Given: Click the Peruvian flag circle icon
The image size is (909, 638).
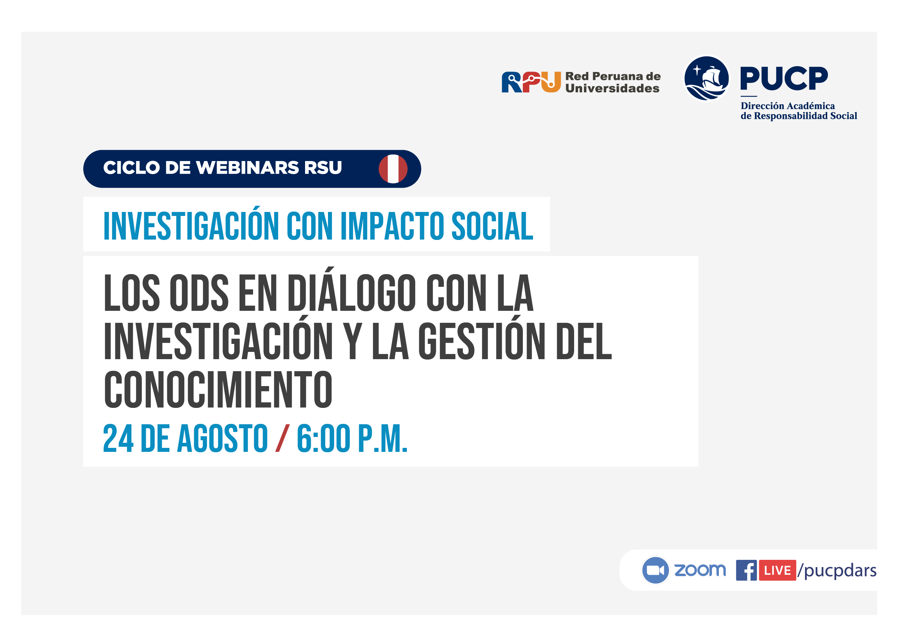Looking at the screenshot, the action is tap(393, 169).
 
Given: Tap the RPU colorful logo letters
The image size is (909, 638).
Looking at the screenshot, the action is tap(531, 82).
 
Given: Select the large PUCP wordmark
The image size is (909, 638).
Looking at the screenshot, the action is tap(784, 79).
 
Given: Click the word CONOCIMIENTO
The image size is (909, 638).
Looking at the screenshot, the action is tap(218, 390).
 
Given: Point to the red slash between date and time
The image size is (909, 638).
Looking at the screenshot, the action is tap(282, 438).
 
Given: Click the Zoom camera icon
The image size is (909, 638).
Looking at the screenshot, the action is tap(655, 570).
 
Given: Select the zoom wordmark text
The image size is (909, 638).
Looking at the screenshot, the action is tap(700, 570).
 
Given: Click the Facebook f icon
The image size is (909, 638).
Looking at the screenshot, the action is tap(746, 570).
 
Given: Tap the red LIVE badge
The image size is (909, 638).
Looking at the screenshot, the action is tap(777, 570).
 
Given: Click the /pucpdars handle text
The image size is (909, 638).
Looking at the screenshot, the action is tap(837, 571).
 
